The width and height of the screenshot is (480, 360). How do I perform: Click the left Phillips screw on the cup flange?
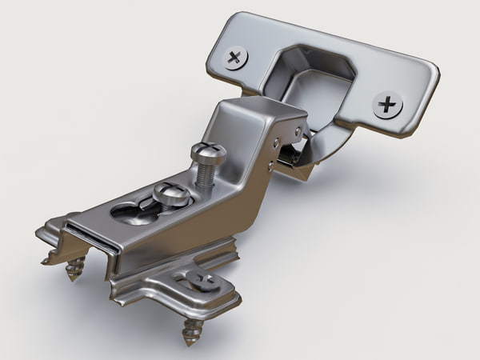pyautogui.click(x=235, y=58)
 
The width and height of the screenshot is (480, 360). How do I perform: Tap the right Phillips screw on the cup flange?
pyautogui.click(x=388, y=104)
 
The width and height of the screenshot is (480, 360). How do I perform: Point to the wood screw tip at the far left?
pyautogui.click(x=74, y=270)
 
